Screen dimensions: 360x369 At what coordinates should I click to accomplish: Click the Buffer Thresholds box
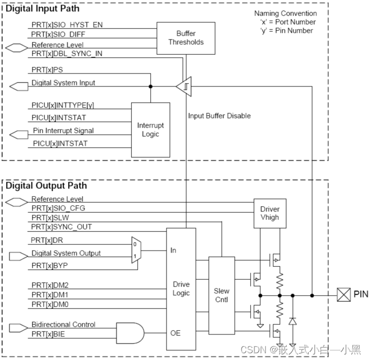[186, 38]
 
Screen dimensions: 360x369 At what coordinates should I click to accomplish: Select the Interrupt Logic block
[150, 130]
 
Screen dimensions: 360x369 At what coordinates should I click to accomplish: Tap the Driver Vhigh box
[269, 213]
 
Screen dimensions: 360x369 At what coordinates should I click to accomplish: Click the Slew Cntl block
[221, 295]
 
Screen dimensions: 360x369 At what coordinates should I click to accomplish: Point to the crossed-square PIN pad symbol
[343, 295]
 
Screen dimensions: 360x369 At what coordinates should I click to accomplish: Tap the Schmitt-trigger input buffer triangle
[184, 86]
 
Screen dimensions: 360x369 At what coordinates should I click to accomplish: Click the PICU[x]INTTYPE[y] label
[62, 105]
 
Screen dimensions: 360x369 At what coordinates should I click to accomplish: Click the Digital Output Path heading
[46, 186]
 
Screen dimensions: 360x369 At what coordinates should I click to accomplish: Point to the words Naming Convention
[285, 14]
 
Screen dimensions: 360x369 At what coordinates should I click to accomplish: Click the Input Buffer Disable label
[219, 116]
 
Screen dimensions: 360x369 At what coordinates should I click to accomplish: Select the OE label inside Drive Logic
[175, 332]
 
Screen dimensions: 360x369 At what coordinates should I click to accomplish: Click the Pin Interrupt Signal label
[62, 131]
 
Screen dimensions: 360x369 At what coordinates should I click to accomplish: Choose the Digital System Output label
[66, 253]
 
